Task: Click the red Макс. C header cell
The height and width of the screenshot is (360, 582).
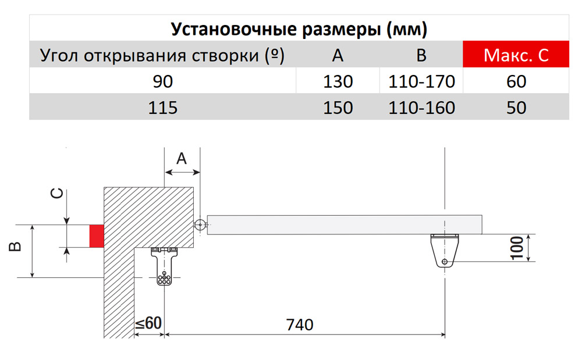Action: coord(516,54)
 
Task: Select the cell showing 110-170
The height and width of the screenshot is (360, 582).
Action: coord(421,81)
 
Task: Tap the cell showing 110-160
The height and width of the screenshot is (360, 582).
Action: coord(421,108)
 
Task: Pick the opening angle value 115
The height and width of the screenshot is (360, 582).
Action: coord(162,108)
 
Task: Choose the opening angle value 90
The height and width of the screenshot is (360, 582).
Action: coord(162,81)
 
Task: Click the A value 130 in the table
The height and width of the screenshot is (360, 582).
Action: coord(338,81)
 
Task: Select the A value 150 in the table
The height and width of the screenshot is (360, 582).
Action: coord(338,108)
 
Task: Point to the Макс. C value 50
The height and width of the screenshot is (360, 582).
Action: coord(516,108)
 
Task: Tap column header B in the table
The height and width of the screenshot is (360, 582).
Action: coord(421,55)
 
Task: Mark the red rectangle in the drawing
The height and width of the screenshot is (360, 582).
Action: coord(97,236)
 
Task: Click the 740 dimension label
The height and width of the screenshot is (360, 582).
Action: coord(300,325)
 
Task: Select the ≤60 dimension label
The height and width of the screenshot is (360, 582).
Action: coord(148,323)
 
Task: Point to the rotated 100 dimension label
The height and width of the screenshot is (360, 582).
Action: coord(517,248)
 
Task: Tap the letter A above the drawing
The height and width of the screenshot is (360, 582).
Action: coord(182,159)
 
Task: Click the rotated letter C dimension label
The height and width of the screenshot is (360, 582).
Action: coord(57,194)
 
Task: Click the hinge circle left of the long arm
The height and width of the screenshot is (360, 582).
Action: coord(200,224)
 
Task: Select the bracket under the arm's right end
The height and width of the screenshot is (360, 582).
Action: coord(445,250)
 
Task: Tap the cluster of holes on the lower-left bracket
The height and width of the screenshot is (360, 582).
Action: coord(164,278)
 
